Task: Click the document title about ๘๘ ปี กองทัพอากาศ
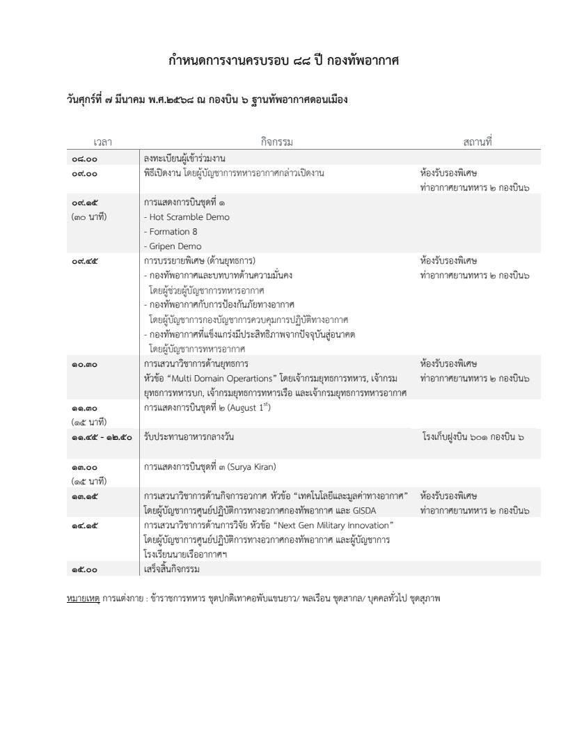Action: point(283,61)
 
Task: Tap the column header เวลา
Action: point(102,142)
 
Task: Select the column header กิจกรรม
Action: point(277,142)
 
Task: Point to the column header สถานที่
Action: point(477,142)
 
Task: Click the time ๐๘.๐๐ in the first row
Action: point(84,159)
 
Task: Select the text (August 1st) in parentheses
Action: point(250,407)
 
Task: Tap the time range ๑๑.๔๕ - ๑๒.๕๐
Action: point(101,437)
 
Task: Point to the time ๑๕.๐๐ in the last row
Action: point(84,569)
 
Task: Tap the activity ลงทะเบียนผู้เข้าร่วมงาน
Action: point(184,159)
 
